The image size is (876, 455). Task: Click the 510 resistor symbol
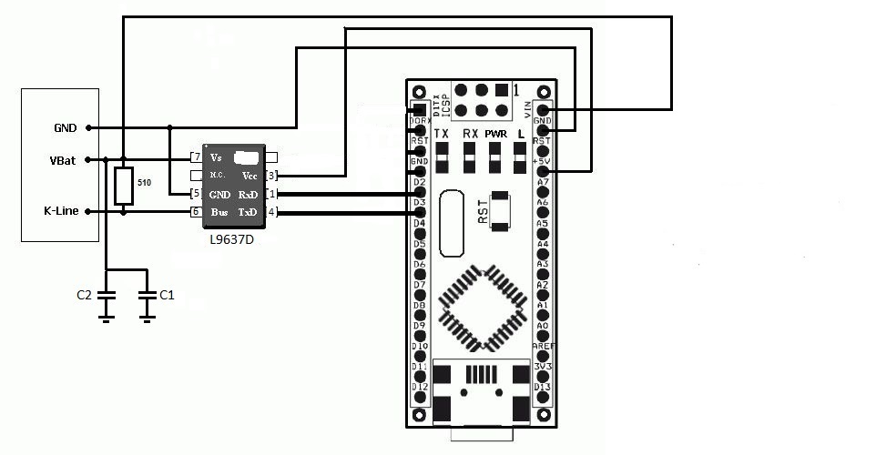point(124,186)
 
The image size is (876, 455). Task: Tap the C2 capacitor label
point(84,295)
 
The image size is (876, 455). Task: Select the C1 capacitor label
point(167,295)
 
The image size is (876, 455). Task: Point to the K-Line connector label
point(61,211)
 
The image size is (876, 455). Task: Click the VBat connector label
point(63,160)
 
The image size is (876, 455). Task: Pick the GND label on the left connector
point(65,127)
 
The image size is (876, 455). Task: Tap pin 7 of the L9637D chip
point(196,158)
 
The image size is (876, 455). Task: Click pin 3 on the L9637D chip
point(271,175)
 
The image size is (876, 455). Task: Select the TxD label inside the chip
point(247,212)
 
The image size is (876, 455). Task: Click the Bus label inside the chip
point(219,212)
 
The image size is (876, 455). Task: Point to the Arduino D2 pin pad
point(420,194)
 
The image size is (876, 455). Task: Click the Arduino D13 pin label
point(543,387)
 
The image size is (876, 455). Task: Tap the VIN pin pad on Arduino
point(544,110)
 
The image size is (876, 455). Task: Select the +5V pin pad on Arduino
point(544,171)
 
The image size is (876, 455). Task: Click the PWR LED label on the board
point(495,134)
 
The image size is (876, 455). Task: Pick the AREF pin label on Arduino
point(543,346)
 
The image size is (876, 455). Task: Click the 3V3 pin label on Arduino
point(543,366)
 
